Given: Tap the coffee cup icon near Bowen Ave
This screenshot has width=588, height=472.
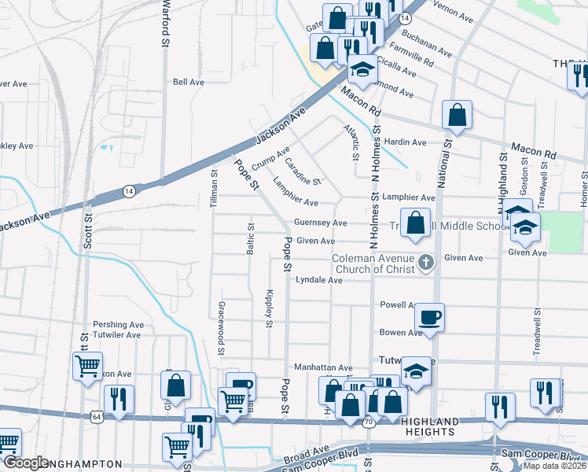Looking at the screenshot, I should coord(429,317).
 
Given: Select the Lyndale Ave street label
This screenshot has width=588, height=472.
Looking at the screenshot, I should coord(318,280).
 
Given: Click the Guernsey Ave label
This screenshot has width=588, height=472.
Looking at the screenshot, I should coord(321,223).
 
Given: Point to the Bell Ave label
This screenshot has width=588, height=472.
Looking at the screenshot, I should coord(189,82).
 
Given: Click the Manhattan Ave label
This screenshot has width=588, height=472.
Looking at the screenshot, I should coord(323,367).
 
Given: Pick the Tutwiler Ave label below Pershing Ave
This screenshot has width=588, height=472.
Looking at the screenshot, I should coord(117,334).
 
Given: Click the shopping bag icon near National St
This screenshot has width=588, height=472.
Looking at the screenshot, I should coord(457,115).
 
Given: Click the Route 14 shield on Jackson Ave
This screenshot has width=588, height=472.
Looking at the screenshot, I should coord(128,190).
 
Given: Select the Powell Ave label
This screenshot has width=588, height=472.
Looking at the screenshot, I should coord(397,304).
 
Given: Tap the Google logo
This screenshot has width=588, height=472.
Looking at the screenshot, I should coord(27,463).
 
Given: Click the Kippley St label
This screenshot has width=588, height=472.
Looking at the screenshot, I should coord(269,307).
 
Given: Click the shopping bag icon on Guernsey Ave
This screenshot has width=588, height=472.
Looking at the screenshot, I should coord(415,223).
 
